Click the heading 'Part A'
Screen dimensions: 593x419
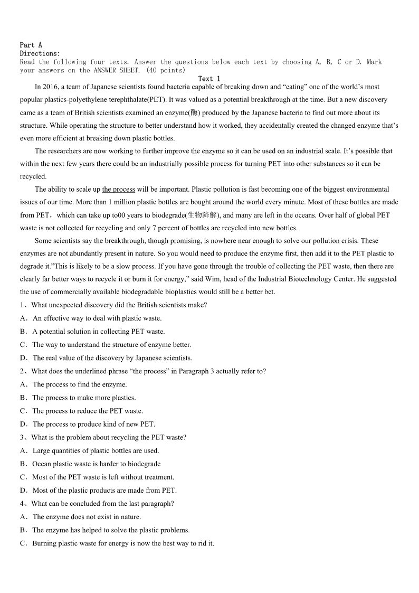(31, 45)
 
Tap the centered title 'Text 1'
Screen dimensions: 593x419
(209, 79)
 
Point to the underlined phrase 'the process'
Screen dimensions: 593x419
(118, 189)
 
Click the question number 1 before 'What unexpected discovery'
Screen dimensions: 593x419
(23, 305)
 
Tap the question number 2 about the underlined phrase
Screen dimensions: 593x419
(23, 371)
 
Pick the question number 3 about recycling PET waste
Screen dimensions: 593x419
(23, 437)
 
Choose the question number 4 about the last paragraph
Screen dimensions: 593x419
(23, 503)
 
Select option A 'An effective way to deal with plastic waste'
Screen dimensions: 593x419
(24, 318)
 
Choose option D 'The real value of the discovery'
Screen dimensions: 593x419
(24, 358)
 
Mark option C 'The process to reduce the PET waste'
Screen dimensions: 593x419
(24, 411)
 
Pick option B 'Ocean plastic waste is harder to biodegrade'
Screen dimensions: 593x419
(24, 464)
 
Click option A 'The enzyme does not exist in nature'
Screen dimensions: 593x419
(24, 517)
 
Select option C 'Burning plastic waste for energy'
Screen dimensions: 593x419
(24, 543)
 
